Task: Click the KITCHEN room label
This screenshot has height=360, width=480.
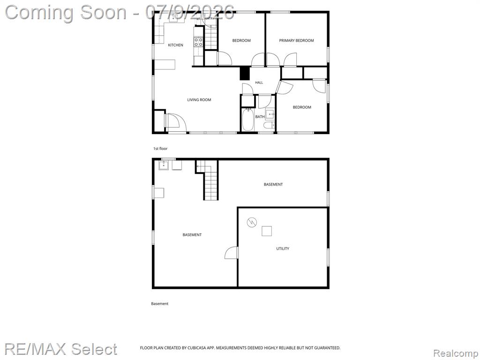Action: (175, 45)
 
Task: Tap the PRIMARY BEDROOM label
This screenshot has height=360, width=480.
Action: (296, 40)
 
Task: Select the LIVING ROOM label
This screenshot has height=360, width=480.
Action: (199, 100)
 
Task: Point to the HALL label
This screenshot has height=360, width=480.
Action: (259, 82)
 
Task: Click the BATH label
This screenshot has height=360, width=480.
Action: (260, 117)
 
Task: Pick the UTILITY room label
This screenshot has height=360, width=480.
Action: (283, 248)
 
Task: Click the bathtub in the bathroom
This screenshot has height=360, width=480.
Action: (247, 120)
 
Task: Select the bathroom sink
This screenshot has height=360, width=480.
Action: (270, 114)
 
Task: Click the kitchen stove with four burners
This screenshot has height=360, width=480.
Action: (198, 42)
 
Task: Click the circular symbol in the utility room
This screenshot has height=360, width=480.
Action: (252, 222)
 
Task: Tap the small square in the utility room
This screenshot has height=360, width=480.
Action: (267, 231)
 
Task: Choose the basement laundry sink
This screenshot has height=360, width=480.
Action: (164, 165)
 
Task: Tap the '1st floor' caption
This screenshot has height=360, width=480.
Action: (160, 149)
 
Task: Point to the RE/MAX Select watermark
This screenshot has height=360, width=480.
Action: (60, 349)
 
